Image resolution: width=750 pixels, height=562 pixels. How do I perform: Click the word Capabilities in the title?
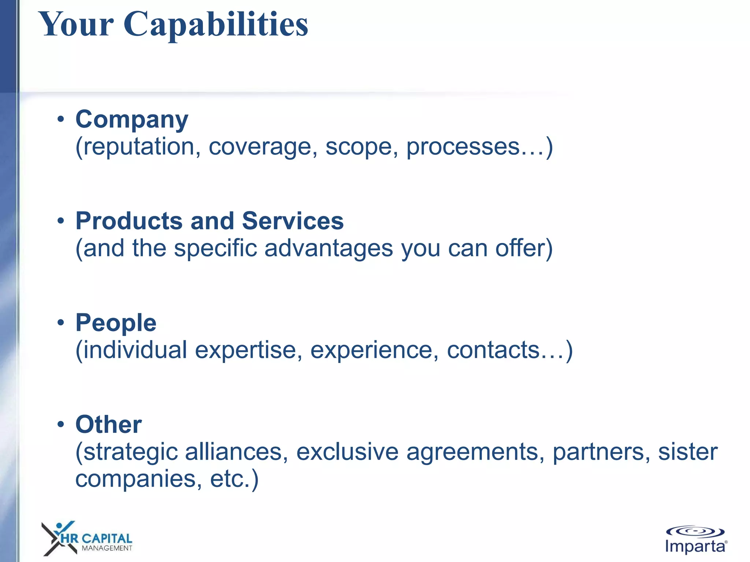pos(216,25)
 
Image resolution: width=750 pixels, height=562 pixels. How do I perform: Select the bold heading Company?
pos(132,120)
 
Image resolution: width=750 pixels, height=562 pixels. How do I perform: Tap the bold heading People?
pos(116,323)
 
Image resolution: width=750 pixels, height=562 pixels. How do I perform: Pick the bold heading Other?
pos(108,425)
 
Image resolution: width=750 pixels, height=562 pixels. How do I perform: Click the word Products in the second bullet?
pos(129,221)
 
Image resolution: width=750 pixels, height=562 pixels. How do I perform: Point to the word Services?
pos(293,221)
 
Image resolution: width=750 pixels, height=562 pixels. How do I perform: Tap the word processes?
pos(463,147)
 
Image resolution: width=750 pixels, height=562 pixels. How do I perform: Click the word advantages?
pos(328,249)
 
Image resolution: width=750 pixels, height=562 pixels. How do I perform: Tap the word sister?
pos(688,452)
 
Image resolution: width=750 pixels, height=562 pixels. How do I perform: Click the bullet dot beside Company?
pos(61,119)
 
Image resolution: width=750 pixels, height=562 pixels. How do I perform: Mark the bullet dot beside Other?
pos(61,424)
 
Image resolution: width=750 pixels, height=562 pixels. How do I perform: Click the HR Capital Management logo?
pos(87,539)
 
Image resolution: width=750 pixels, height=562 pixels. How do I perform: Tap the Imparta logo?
pos(695,540)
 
